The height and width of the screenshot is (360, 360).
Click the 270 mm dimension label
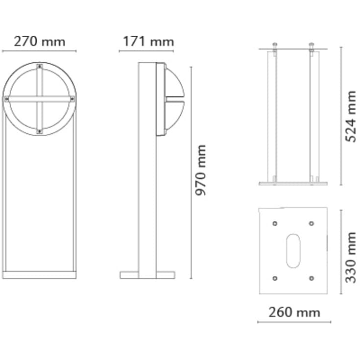(x=40, y=42)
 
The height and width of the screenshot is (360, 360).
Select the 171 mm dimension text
(x=148, y=42)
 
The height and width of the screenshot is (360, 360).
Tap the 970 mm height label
(x=200, y=170)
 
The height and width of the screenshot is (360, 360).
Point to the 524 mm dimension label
(x=351, y=117)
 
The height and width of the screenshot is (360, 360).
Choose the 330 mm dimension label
(x=351, y=257)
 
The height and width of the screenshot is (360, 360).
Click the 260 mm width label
(x=294, y=312)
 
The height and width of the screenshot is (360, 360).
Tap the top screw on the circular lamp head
(x=40, y=66)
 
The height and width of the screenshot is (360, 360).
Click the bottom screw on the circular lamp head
(x=40, y=132)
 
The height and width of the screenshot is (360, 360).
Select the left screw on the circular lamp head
(x=7, y=99)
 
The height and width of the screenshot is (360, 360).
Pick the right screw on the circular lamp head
(x=72, y=99)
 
